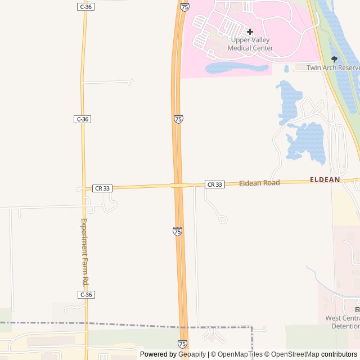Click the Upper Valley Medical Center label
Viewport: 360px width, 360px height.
click(x=250, y=44)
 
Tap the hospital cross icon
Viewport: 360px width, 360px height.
click(x=250, y=31)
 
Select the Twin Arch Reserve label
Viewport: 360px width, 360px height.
click(x=332, y=67)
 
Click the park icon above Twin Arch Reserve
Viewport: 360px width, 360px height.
click(x=335, y=58)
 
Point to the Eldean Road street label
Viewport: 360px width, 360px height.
click(x=259, y=183)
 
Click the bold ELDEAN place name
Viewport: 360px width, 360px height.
click(x=325, y=179)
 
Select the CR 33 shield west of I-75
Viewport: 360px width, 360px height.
click(x=102, y=188)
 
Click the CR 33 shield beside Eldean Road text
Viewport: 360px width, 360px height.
click(x=214, y=184)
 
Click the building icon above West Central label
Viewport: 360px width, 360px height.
click(x=357, y=310)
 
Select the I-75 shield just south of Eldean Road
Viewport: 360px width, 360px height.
click(x=177, y=231)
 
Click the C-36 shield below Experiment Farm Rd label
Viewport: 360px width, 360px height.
click(x=85, y=295)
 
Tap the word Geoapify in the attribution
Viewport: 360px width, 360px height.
click(x=191, y=354)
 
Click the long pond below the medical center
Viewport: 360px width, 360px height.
click(x=236, y=69)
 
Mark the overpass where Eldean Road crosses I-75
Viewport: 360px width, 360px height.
click(x=179, y=185)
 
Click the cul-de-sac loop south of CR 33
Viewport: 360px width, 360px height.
click(x=223, y=219)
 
